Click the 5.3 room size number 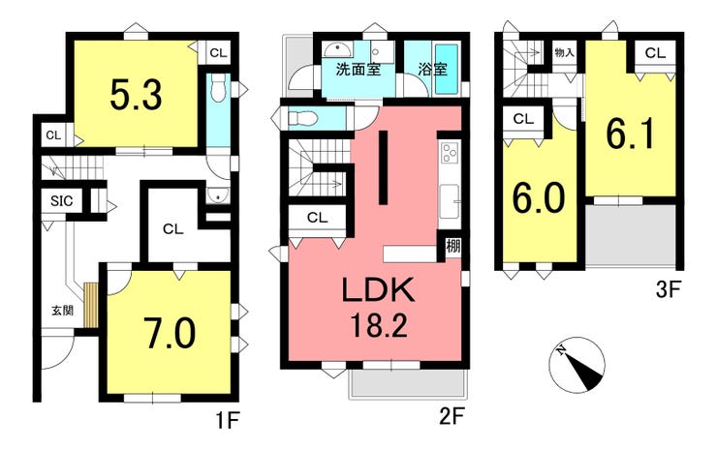click(x=137, y=96)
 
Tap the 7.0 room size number click(x=170, y=333)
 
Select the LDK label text click(x=379, y=289)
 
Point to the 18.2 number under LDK click(x=379, y=326)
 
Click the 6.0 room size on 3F click(x=539, y=197)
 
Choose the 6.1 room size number click(x=630, y=134)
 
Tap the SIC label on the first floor click(x=61, y=201)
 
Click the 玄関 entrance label click(x=62, y=311)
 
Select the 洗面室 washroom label click(x=358, y=70)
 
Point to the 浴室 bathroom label click(x=432, y=70)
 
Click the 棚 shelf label click(x=453, y=247)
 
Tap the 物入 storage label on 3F click(x=564, y=52)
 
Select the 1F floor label click(x=228, y=420)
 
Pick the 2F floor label click(x=452, y=416)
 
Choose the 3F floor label click(x=669, y=289)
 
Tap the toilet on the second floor click(x=301, y=118)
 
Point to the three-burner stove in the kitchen click(x=450, y=153)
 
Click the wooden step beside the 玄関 click(x=91, y=305)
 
